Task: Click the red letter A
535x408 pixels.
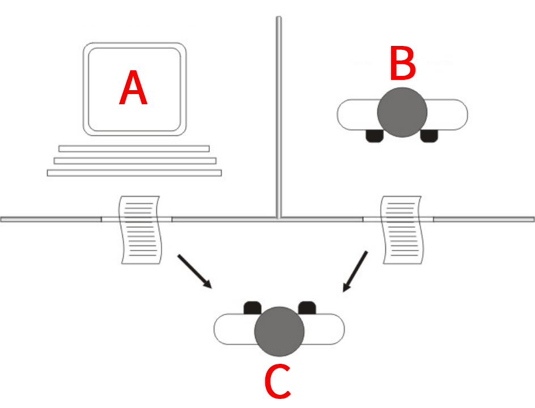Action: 133,87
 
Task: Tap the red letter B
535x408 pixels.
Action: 402,63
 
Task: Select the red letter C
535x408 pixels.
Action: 278,381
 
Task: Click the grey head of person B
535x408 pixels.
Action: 402,112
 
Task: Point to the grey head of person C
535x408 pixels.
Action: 279,331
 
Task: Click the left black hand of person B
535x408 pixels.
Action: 375,135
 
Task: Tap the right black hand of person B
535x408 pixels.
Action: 429,135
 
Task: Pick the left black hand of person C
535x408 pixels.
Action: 253,307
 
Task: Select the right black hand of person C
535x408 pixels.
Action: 307,307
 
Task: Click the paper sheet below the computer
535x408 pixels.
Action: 140,229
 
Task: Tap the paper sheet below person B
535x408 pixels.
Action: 402,229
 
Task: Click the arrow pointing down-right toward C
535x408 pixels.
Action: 194,271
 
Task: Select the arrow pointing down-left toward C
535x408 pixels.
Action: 355,271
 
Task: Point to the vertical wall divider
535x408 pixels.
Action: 279,117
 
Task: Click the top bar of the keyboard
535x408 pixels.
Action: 134,148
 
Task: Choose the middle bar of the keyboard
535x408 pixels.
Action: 135,161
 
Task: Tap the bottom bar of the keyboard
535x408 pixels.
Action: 134,173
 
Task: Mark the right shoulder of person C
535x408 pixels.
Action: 324,329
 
